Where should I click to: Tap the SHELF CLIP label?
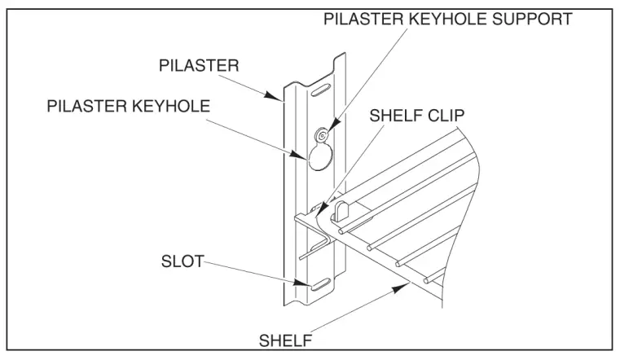click(x=416, y=116)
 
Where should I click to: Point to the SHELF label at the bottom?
click(x=285, y=338)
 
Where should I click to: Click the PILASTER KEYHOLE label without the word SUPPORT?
click(x=126, y=105)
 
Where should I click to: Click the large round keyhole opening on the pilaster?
click(x=320, y=157)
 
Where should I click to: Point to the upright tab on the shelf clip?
click(x=341, y=209)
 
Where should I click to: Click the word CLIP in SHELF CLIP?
click(x=446, y=116)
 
